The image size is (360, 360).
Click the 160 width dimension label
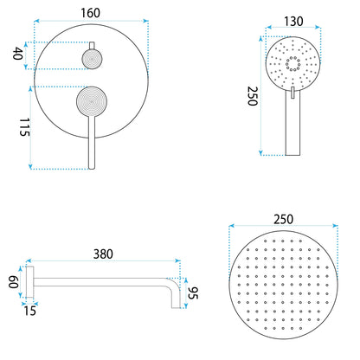click(x=90, y=13)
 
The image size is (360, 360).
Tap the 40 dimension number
click(x=18, y=54)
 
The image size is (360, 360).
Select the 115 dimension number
click(x=24, y=127)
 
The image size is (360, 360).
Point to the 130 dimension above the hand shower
click(x=293, y=22)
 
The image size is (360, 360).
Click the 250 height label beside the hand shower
click(x=253, y=96)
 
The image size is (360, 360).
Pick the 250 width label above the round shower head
click(x=283, y=220)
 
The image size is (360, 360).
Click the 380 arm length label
click(x=103, y=254)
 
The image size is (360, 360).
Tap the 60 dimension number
click(x=14, y=282)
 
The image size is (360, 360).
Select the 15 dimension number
click(x=29, y=311)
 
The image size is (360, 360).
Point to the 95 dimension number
click(x=193, y=293)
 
